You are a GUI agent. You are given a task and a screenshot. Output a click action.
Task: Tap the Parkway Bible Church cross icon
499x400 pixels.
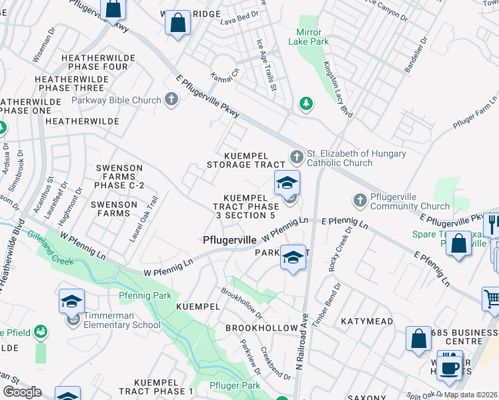click(171, 101)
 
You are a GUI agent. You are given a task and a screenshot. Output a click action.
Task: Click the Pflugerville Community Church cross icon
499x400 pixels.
click(360, 200)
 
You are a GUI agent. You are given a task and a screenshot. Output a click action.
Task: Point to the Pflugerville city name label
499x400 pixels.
click(229, 239)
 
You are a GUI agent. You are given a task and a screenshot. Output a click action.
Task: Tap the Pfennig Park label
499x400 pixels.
click(145, 295)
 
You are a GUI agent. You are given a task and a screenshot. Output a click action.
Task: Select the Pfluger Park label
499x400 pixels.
click(234, 385)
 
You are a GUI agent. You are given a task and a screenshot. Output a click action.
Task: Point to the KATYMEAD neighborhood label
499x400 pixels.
click(367, 321)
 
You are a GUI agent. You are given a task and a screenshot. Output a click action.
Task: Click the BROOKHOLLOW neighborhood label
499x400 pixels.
click(261, 328)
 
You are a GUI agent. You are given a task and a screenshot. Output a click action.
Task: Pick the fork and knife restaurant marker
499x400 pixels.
click(493, 224)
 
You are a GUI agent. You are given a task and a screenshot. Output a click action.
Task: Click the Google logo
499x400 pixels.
click(23, 392)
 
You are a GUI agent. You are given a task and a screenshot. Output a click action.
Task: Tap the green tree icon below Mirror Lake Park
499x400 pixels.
click(306, 104)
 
